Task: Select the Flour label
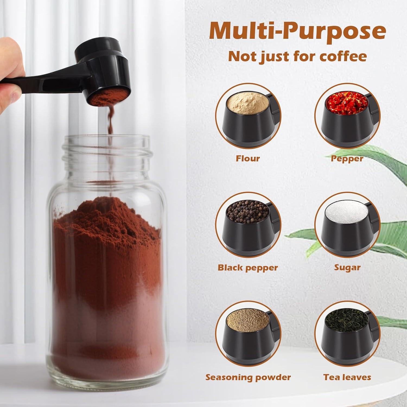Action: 248,158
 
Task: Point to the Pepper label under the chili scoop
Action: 347,158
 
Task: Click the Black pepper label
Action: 248,268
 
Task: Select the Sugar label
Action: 347,268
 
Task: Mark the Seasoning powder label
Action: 248,377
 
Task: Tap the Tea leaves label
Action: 347,377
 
